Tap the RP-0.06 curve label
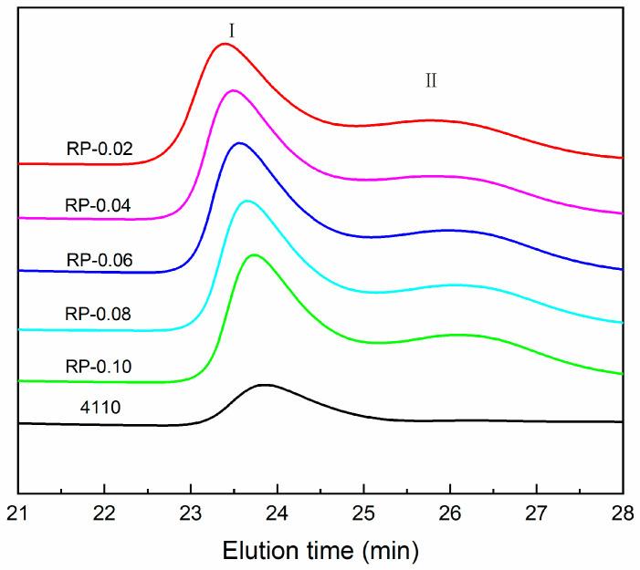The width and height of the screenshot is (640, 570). [x=100, y=260]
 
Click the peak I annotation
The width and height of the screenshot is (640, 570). [x=232, y=29]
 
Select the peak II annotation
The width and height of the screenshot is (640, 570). [x=431, y=80]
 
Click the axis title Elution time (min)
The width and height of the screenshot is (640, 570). [x=320, y=549]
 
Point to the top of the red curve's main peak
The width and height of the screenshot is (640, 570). [x=224, y=44]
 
